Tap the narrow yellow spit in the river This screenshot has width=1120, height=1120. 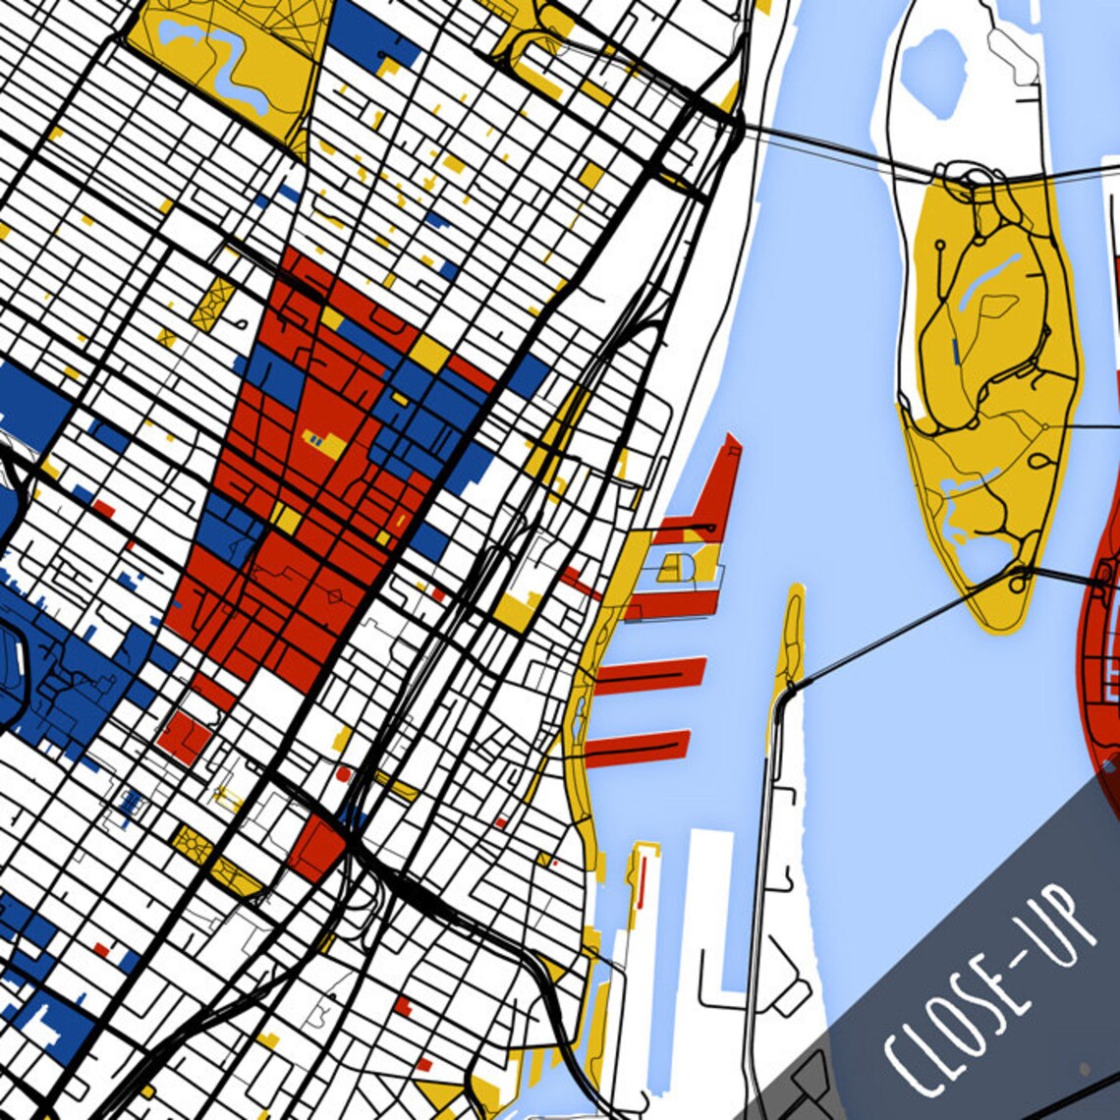[789, 639]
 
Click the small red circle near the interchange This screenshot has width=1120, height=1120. [343, 774]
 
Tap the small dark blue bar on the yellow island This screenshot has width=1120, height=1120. [956, 351]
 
